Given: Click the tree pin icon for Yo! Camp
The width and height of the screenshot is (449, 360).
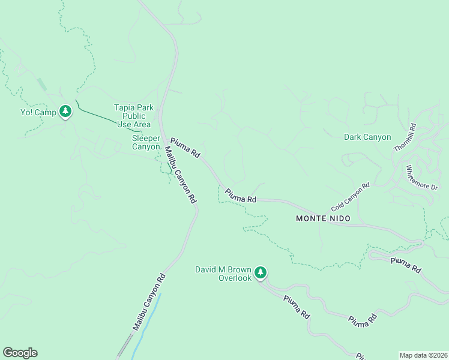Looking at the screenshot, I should [x=65, y=111].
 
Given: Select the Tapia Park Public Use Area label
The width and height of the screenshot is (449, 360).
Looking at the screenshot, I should [x=133, y=116].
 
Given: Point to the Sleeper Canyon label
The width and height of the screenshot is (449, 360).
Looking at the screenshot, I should [x=146, y=142].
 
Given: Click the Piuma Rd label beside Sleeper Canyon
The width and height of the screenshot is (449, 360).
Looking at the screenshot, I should [x=185, y=147].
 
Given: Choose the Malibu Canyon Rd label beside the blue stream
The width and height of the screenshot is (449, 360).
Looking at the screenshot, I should [x=149, y=301].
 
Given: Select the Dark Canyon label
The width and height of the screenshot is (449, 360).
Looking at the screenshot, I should [x=367, y=137].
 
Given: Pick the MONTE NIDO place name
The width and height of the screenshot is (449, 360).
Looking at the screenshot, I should [x=323, y=218].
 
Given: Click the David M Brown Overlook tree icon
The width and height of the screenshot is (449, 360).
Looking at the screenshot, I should [x=260, y=272].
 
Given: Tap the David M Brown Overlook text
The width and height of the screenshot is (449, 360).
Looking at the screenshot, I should [x=223, y=274].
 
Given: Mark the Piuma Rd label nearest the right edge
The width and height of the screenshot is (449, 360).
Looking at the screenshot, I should [x=405, y=265].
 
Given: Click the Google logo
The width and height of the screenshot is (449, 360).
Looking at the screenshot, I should [x=20, y=353].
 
